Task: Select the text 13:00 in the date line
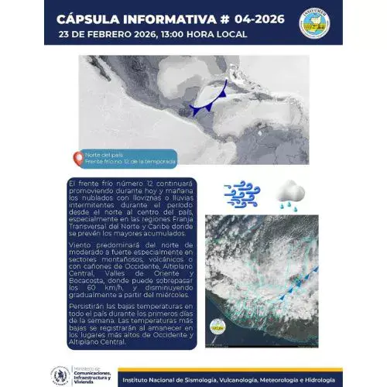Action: point(182,35)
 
